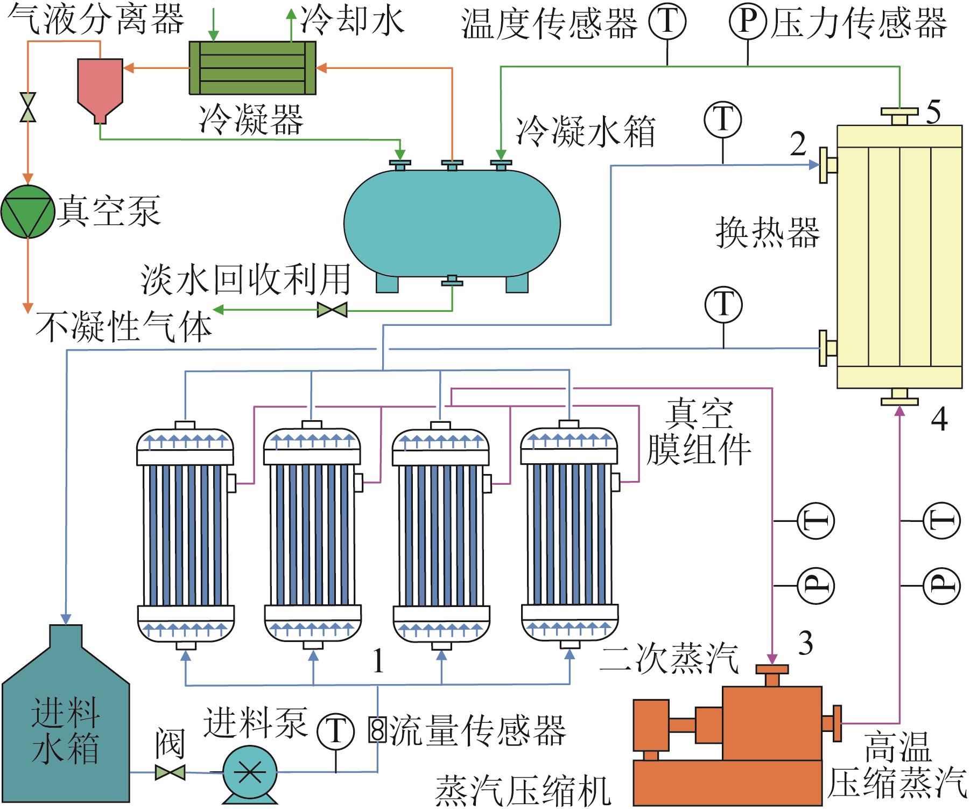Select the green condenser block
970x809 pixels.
click(252, 68)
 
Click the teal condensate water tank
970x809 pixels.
click(452, 224)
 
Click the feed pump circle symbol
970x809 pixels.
click(250, 772)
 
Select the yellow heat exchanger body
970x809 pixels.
click(899, 256)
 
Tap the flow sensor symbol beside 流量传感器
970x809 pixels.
click(378, 730)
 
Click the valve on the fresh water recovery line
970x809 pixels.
click(332, 310)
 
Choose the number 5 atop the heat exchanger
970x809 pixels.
click(933, 113)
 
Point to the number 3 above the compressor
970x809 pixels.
click(805, 643)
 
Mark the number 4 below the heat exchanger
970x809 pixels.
click(939, 419)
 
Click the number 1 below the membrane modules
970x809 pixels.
click(378, 661)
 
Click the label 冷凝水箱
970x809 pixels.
click(585, 131)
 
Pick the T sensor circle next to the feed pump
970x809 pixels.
click(335, 731)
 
